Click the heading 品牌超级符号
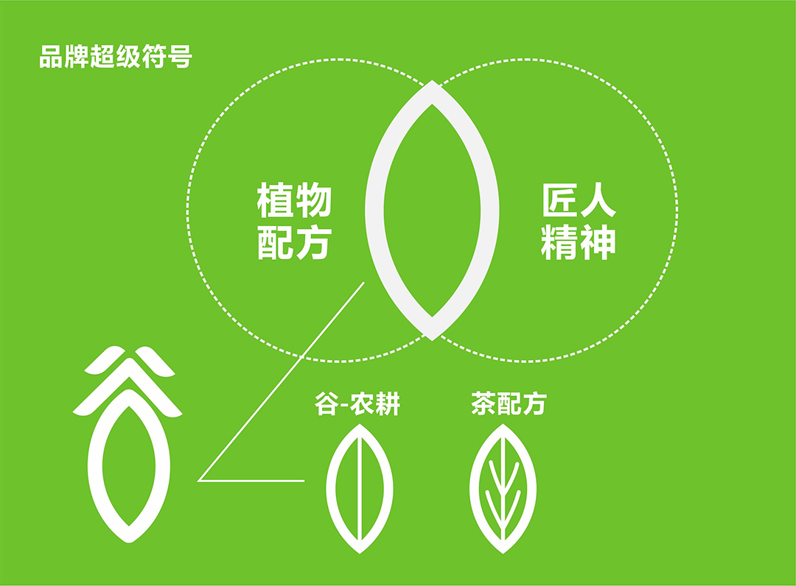pos(116,56)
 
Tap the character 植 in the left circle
pos(275,200)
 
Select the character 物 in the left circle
pos(313,200)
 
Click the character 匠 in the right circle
pos(559,200)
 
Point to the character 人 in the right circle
pos(598,200)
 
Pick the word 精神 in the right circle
pos(579,242)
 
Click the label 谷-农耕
pos(357,403)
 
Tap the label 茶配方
pos(509,403)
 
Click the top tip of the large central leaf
pos(432,81)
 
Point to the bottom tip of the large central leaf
pos(432,339)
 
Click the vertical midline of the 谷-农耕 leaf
pos(360,489)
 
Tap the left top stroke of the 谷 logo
pos(104,361)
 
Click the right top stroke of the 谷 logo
pos(155,361)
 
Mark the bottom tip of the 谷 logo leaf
pos(129,541)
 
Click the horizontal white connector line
pos(251,481)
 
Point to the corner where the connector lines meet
pos(198,480)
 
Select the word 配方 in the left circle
pos(294,242)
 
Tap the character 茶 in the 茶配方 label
pos(483,403)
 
